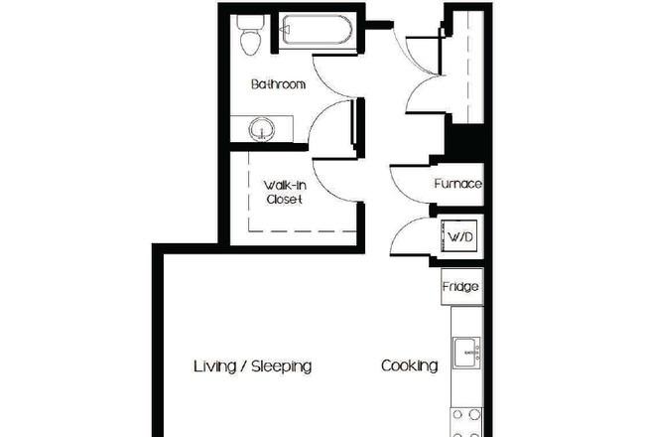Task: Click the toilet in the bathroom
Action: click(250, 36)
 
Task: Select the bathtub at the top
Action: click(316, 30)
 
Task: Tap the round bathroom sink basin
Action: click(261, 129)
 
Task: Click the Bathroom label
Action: click(279, 84)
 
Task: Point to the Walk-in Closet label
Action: click(285, 192)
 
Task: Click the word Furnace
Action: click(457, 184)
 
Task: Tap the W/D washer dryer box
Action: click(459, 236)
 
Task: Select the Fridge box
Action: click(462, 287)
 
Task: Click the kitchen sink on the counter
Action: click(467, 353)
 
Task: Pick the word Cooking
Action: click(409, 365)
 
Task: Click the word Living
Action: click(214, 366)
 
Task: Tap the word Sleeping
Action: click(282, 366)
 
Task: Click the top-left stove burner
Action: click(457, 415)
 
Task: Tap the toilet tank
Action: click(250, 22)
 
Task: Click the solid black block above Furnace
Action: click(465, 142)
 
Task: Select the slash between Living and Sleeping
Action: click(244, 366)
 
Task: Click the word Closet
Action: click(284, 200)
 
